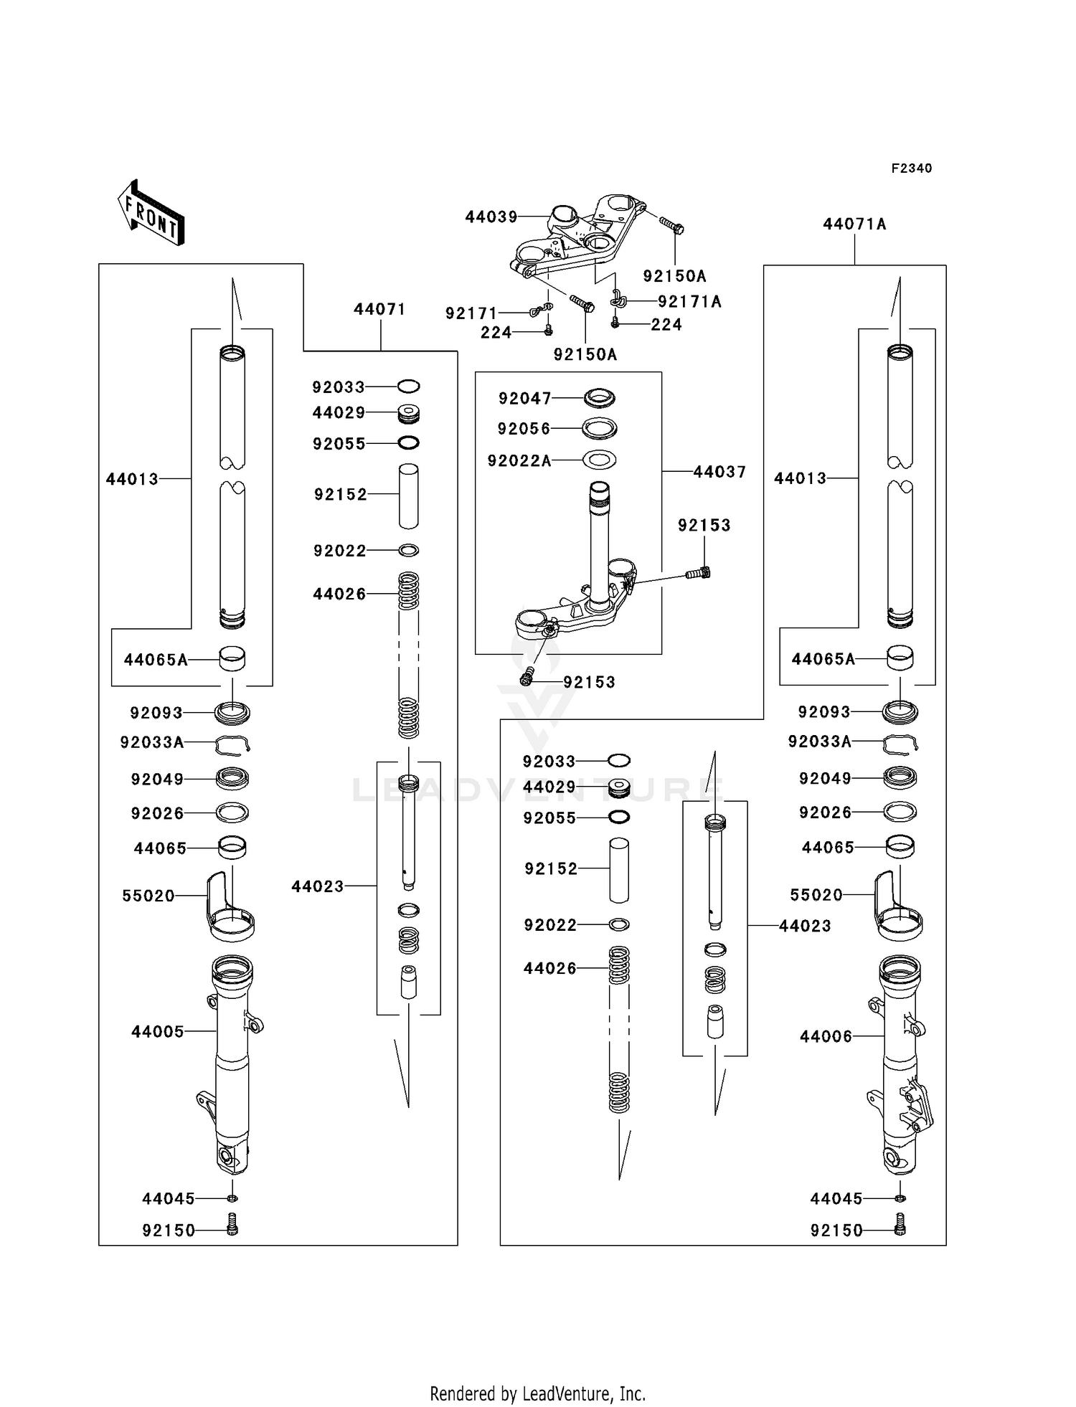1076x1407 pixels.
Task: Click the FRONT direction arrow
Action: [151, 214]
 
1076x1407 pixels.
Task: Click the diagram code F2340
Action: [911, 169]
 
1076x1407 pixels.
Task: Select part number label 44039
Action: [491, 217]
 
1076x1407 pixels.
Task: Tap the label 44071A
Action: [854, 224]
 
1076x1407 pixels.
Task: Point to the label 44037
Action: [719, 472]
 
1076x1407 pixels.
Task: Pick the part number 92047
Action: [525, 398]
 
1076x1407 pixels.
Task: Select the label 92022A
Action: [519, 461]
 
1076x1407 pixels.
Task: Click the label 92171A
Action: [689, 302]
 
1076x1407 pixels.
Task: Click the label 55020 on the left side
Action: [148, 896]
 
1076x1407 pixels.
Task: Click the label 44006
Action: [826, 1036]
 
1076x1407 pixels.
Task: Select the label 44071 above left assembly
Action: [379, 309]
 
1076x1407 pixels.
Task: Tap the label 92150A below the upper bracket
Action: [585, 354]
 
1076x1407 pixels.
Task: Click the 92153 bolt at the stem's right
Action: [699, 572]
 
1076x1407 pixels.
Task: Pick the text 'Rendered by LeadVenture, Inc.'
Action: [537, 1394]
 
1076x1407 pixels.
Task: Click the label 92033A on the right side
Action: [819, 742]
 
